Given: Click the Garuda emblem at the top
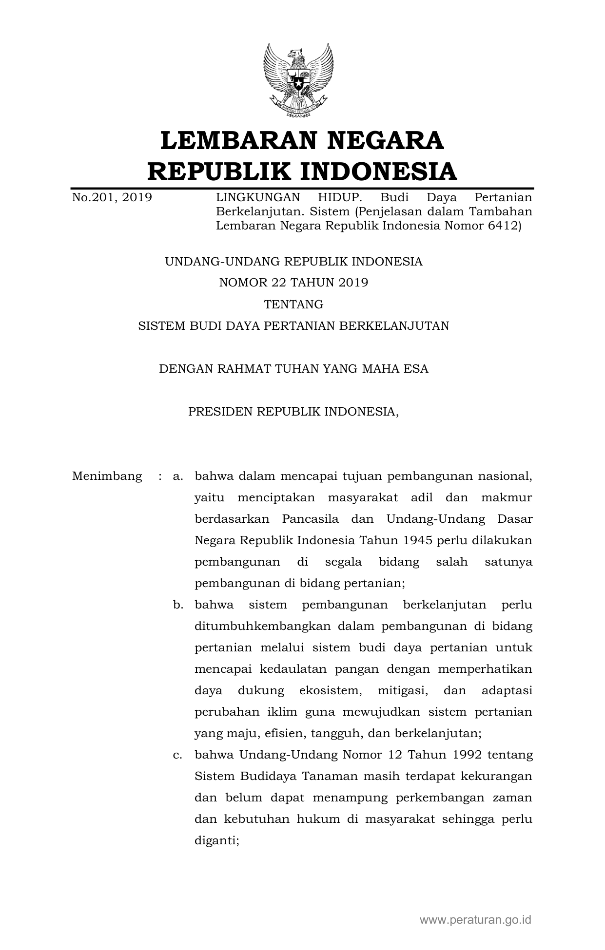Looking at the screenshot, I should pos(298,80).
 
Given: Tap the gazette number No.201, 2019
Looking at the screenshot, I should pos(112,197).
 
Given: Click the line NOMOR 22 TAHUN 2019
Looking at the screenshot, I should pos(293,283).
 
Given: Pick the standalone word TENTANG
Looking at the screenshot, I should pos(293,304).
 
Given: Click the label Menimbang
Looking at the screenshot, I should pos(107,476).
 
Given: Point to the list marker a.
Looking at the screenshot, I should pos(177,476).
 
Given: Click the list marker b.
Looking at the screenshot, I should pos(177,605).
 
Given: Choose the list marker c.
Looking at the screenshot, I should pos(177,755).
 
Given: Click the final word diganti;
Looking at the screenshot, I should pos(216,840).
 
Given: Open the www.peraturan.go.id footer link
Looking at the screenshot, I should pos(475,920).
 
